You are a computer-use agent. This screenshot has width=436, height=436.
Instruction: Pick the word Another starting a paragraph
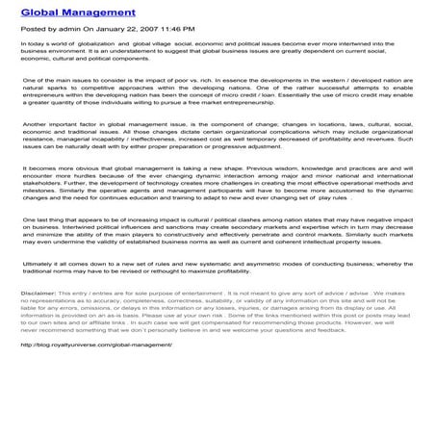(37, 151)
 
